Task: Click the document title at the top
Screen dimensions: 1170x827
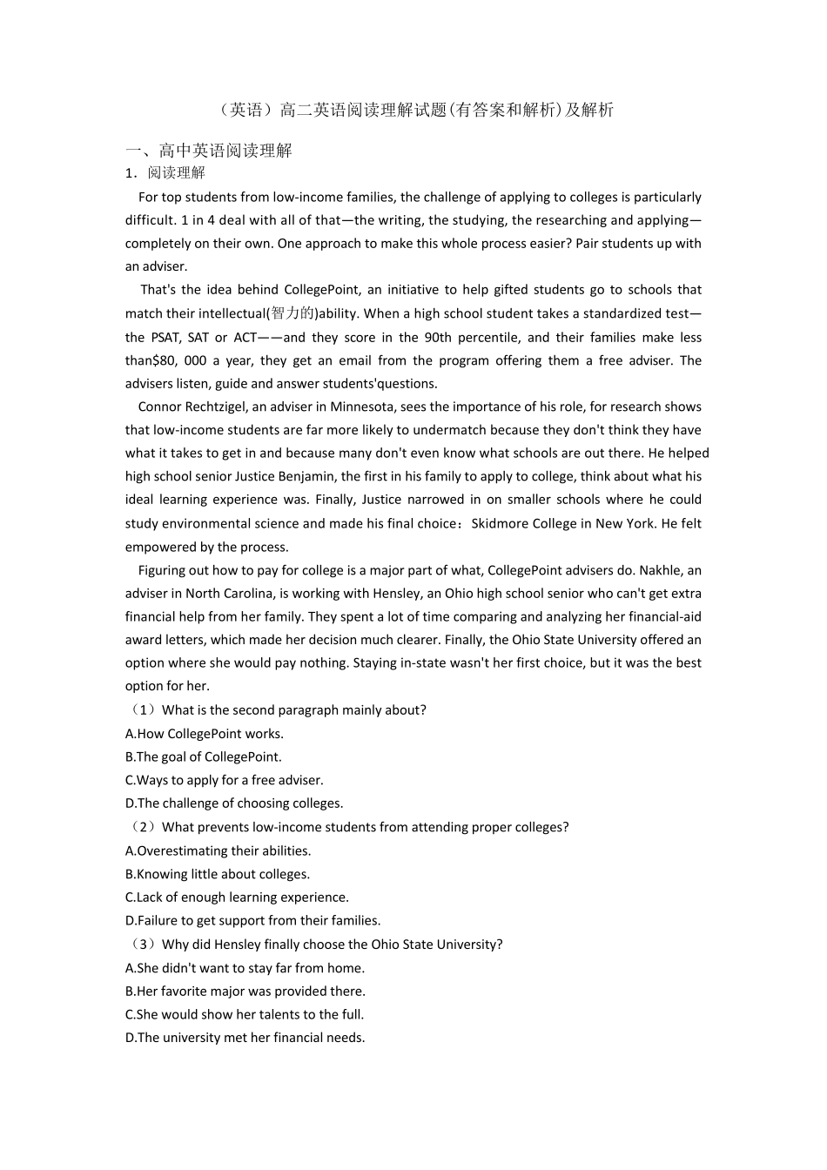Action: point(413,110)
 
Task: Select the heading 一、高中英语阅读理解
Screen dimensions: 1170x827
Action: point(208,151)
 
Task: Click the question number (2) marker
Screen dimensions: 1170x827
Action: point(141,827)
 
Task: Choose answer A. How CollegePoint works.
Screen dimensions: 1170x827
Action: point(205,734)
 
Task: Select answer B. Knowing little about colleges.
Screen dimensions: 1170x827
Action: point(218,874)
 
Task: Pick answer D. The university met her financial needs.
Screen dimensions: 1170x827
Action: point(245,1038)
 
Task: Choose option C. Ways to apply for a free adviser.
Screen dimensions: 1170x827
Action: point(224,780)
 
